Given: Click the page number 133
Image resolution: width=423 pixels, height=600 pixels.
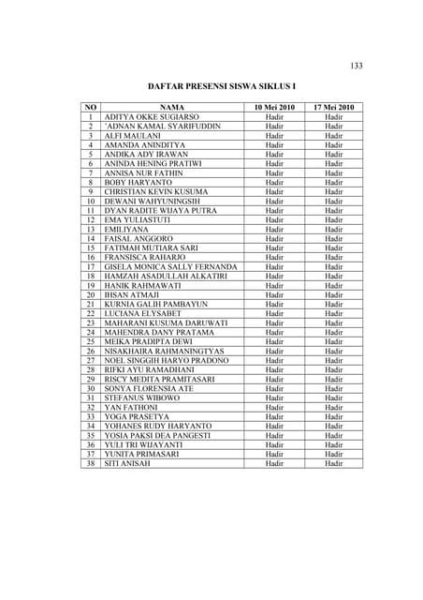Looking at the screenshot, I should coord(357,65).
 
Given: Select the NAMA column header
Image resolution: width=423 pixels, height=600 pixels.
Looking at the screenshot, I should coord(173,108).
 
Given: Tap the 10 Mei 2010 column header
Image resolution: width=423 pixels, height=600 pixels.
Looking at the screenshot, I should coord(274,108).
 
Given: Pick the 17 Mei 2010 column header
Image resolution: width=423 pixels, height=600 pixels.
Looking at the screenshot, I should coord(334,108).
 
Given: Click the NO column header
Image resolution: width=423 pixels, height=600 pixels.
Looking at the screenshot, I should coord(91,108).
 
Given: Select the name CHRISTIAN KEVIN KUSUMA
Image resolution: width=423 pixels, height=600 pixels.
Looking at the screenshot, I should coord(156,192).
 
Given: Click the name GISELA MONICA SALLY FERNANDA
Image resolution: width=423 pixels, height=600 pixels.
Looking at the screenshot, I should coord(171,267).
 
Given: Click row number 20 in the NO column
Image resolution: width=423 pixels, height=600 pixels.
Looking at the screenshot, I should coord(91,295).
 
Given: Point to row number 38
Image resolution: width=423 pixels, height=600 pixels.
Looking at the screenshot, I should coord(91,463).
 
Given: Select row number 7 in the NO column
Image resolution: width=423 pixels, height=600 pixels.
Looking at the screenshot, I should coord(91,173).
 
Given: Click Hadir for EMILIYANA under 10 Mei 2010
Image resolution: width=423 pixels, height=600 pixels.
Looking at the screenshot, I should coord(274,230).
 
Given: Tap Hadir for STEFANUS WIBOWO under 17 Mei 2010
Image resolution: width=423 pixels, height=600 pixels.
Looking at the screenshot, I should coord(334,397).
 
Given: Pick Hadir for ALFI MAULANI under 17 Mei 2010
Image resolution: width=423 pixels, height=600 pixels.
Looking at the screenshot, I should coord(334,136).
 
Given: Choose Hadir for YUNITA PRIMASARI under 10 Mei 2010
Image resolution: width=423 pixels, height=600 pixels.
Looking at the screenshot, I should coord(274,454).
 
